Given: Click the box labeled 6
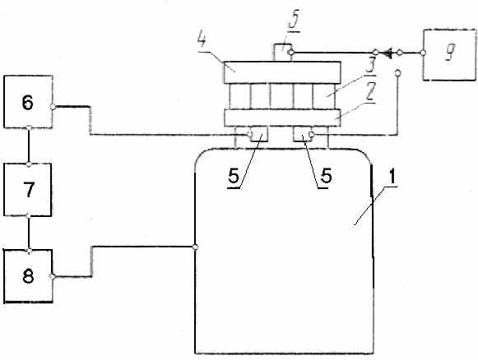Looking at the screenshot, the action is (x=28, y=101).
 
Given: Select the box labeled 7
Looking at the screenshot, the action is (x=28, y=189).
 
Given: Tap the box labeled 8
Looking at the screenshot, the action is (x=28, y=276).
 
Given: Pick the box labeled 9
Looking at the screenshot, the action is (x=449, y=55).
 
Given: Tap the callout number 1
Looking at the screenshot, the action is (x=392, y=176).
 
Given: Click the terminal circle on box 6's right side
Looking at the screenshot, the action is (x=53, y=107).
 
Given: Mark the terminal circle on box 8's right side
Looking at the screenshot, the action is (x=53, y=276).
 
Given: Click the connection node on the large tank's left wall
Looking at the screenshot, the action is (x=196, y=247).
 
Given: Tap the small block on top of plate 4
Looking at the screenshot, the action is (x=282, y=53).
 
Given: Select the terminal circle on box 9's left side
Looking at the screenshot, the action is (x=423, y=53).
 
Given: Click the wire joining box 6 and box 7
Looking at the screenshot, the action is (x=29, y=145).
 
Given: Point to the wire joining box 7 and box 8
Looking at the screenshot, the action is (x=29, y=233).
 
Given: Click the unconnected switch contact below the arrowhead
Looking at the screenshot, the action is (x=397, y=73).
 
